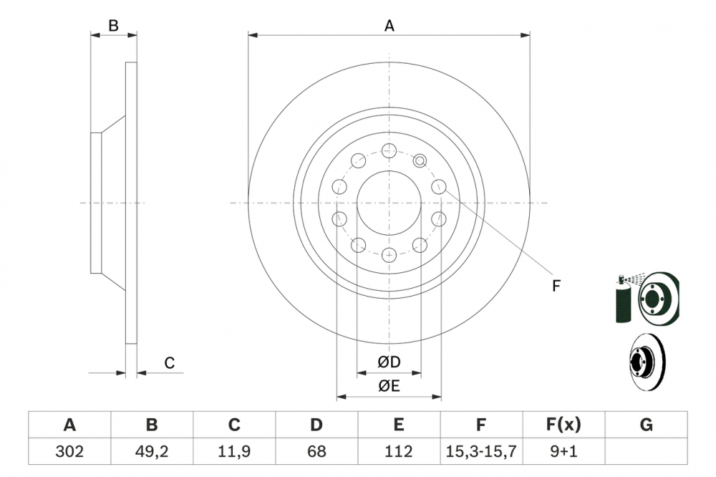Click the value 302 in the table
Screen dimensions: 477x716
[x=69, y=452]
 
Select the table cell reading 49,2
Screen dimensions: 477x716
[x=152, y=452]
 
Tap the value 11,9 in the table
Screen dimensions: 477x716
[x=234, y=452]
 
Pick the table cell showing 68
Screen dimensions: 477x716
[x=316, y=452]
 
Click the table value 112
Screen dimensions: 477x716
[x=399, y=452]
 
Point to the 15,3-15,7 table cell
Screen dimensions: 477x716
[x=481, y=452]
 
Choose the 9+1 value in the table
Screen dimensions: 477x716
[x=563, y=452]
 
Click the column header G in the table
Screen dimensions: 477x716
[x=646, y=425]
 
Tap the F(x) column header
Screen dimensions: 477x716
[x=563, y=425]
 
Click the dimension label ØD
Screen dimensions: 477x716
[x=390, y=362]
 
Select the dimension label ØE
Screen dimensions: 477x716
[x=390, y=386]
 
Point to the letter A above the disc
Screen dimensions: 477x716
[x=390, y=26]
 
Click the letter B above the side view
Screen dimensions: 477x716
[x=113, y=26]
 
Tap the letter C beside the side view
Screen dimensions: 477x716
[x=169, y=363]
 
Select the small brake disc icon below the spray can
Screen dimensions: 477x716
[x=647, y=358]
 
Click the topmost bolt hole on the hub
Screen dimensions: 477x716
[x=389, y=150]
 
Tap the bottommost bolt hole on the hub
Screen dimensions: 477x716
[x=389, y=254]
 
